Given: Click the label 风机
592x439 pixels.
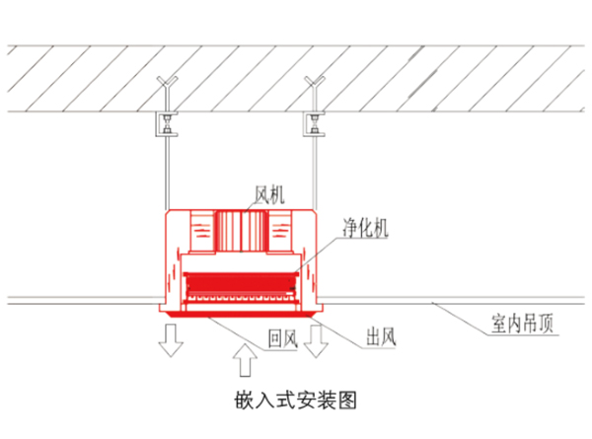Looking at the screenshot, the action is point(269,194).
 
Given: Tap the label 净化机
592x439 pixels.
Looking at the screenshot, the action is point(365,228).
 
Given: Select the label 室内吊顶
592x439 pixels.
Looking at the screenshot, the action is point(522,324).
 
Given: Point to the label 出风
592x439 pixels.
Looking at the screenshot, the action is point(381,336).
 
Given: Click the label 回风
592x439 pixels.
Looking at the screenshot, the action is point(283,338).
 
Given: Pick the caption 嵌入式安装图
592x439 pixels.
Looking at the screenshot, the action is point(295,401).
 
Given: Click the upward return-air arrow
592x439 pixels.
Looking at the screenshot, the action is point(245,360).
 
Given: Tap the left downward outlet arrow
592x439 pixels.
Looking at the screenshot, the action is point(171,340).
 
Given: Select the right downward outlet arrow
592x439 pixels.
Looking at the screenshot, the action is point(316,341).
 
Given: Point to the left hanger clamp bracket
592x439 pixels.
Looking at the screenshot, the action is point(167,124).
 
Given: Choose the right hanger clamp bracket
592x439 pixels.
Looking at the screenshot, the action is point(314,124).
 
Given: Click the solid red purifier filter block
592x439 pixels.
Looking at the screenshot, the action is point(240,283).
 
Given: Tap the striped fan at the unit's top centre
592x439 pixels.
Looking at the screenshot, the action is point(241,231).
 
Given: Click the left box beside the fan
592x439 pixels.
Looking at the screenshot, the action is point(202,231).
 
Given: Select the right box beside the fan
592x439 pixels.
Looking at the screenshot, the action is point(280,231).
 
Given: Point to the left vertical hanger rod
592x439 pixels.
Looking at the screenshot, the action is point(168,173).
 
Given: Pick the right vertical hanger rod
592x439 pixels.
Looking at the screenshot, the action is point(315,173).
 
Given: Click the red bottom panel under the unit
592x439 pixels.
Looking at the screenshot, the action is point(241,315).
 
